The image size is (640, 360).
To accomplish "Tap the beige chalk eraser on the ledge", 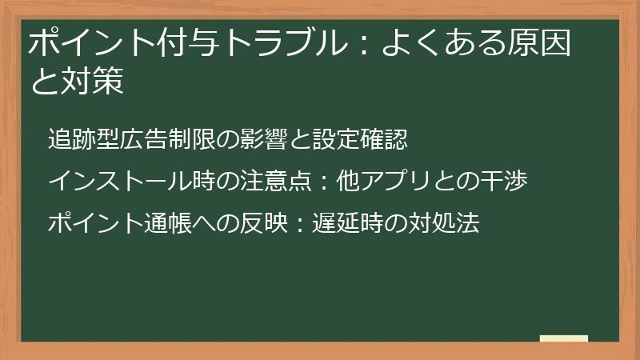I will (564, 339).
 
